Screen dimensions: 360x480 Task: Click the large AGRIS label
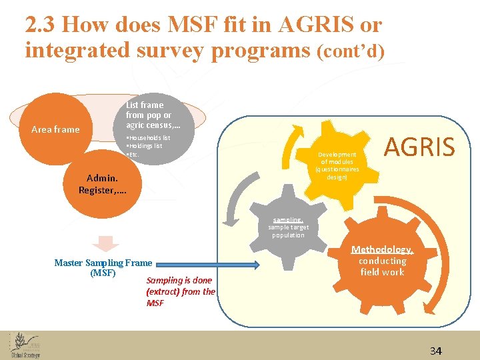pos(419,146)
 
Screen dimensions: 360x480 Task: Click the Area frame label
pos(55,129)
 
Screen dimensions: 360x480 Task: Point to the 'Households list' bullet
pos(149,138)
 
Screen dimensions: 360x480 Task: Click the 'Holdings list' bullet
pos(145,145)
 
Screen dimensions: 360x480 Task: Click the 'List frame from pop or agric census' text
pos(149,115)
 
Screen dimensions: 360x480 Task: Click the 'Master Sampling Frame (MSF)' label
pos(103,268)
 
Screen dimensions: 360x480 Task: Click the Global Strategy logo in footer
pos(25,345)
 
